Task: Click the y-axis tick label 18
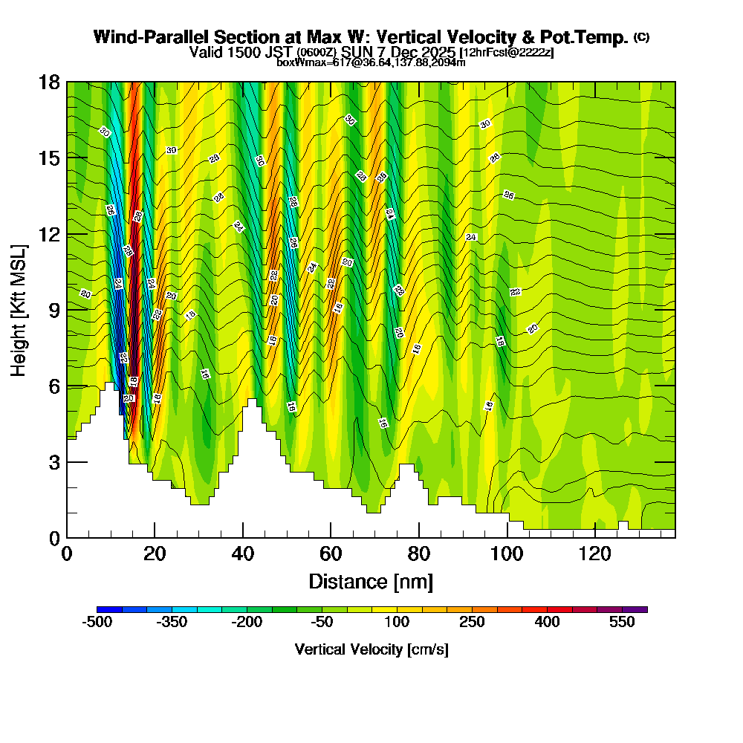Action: [49, 82]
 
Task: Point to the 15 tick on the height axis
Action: [49, 158]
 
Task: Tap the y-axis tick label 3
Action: [53, 462]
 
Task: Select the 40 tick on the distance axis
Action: [243, 554]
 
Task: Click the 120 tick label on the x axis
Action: [594, 554]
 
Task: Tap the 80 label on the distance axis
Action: [419, 554]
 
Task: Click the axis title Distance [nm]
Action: [370, 581]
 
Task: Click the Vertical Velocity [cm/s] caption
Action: [371, 650]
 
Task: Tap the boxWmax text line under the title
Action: [371, 62]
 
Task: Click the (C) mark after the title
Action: [642, 37]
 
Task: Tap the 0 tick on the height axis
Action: [53, 538]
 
